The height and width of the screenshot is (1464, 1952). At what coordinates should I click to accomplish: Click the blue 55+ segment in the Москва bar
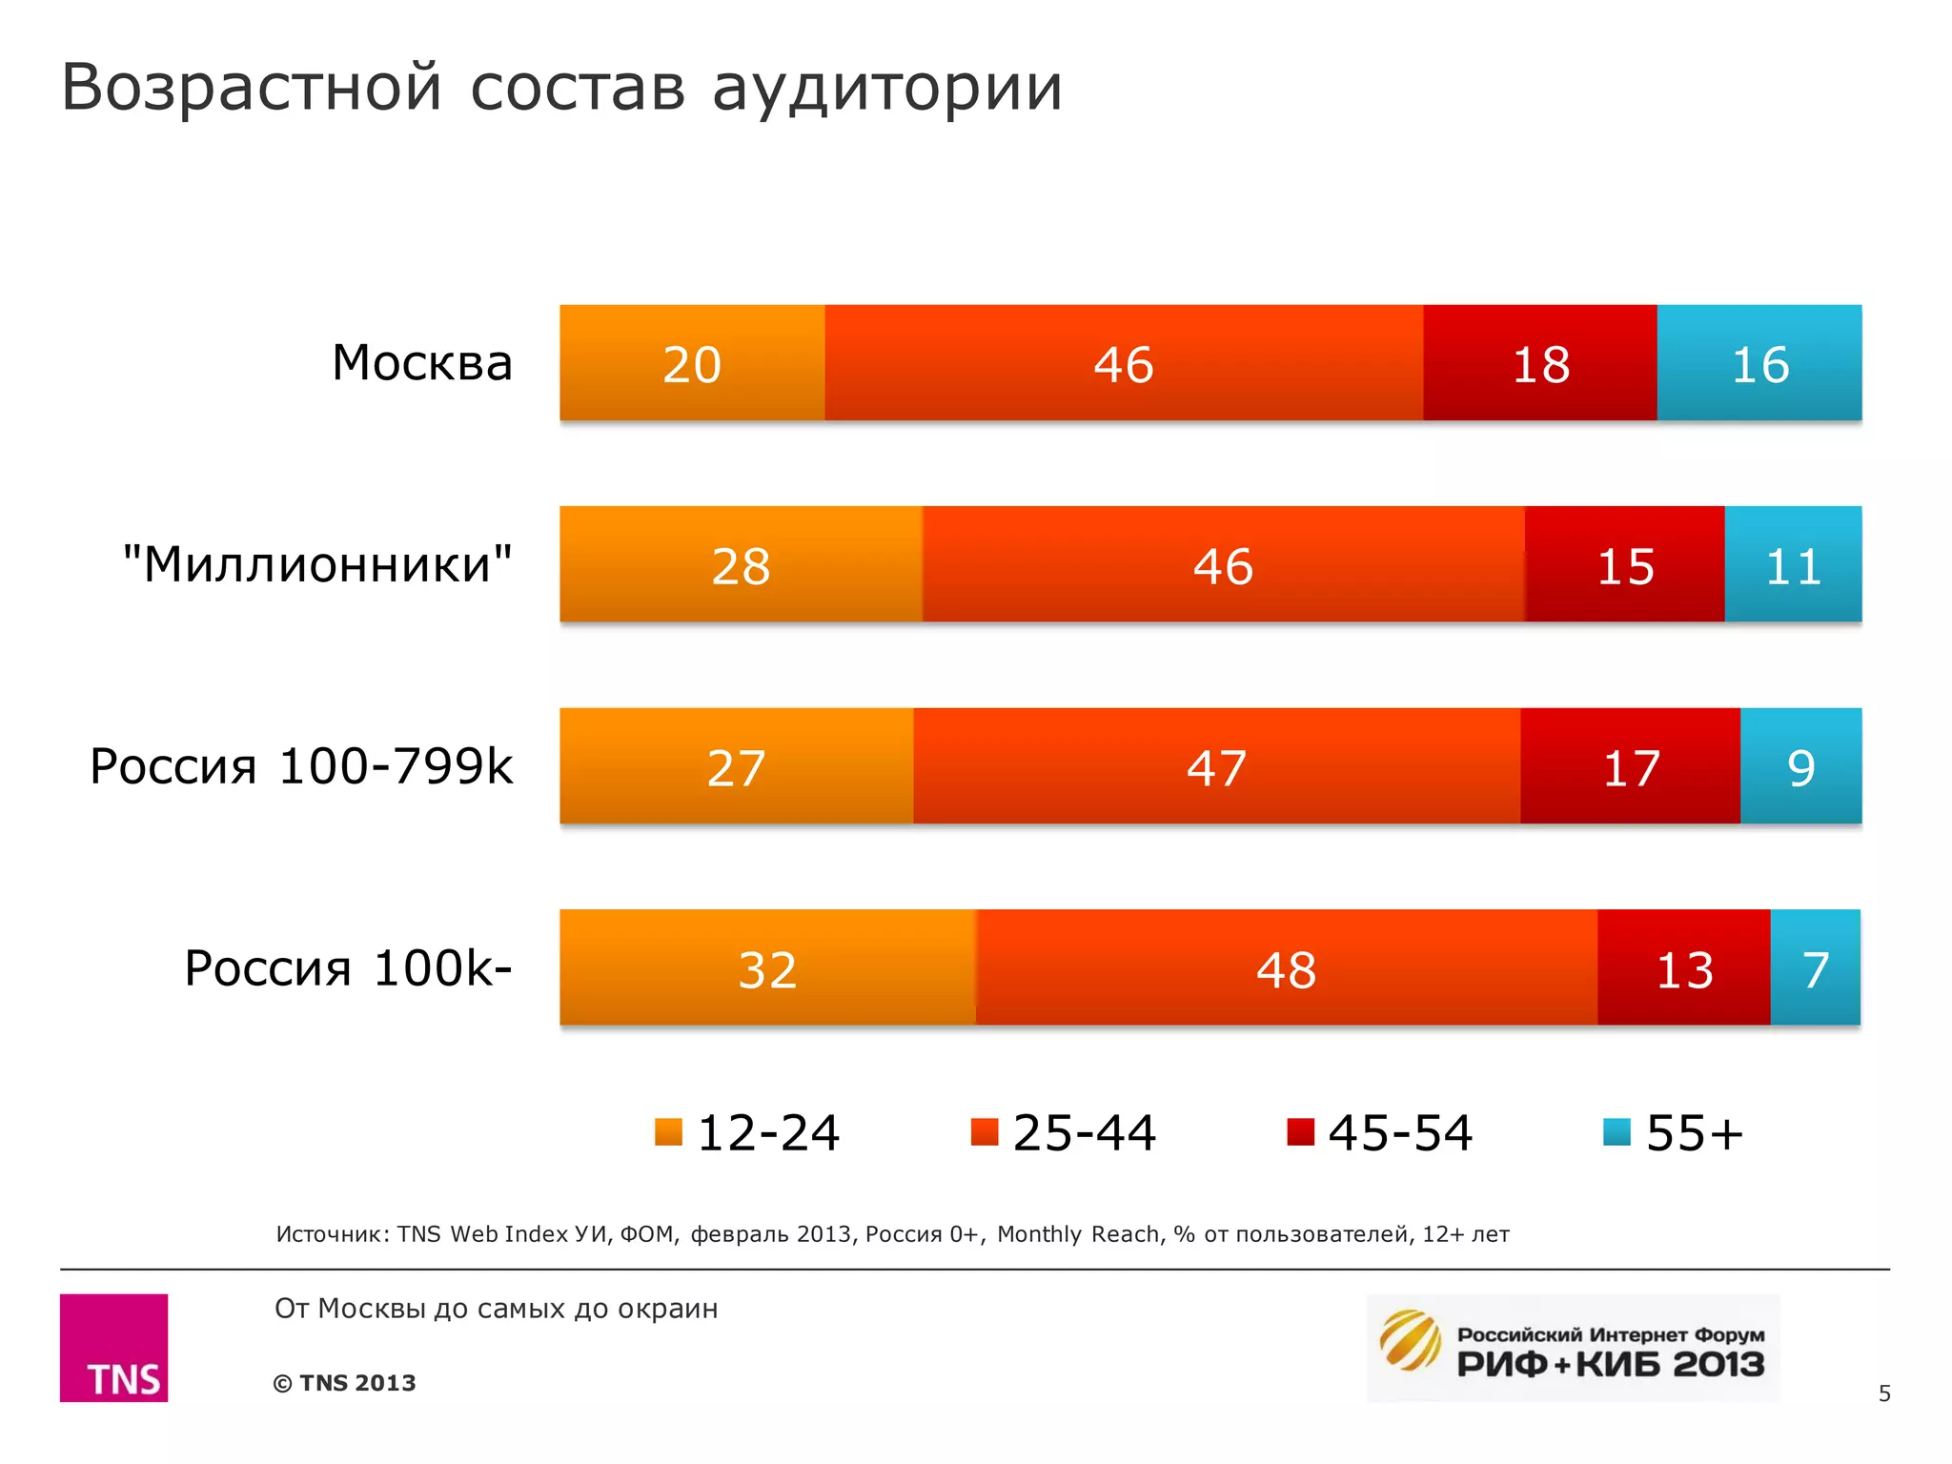1759,363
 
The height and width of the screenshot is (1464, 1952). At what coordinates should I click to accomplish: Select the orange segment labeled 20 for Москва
692,363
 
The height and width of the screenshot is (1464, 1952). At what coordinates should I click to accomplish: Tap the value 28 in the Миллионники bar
741,566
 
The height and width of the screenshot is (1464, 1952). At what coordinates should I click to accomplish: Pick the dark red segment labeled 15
1624,565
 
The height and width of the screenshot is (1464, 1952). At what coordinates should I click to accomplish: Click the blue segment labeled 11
1793,565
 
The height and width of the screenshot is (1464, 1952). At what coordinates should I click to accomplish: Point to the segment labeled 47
1216,767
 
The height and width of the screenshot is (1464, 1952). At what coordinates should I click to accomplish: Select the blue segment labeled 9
1800,767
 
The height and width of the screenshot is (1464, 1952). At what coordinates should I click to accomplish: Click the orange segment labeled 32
767,968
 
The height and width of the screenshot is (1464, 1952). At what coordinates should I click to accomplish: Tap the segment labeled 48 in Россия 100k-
1286,968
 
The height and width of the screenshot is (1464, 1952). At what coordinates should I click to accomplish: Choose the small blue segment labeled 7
1815,968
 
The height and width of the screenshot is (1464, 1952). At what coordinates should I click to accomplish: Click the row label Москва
422,363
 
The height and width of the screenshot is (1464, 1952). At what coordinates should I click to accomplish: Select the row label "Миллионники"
317,564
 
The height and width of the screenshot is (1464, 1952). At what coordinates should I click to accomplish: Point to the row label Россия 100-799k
301,766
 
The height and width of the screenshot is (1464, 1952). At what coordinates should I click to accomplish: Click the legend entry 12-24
747,1132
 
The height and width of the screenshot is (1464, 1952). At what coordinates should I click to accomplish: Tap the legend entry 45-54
1379,1132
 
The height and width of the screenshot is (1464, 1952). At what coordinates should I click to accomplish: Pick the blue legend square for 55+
1616,1131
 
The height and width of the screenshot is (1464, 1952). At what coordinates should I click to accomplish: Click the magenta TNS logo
114,1347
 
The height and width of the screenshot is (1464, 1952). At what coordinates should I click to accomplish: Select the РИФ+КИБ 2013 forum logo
1573,1348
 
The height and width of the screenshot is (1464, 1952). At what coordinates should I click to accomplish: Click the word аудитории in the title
886,88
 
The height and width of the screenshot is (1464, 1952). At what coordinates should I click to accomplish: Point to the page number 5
1883,1393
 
